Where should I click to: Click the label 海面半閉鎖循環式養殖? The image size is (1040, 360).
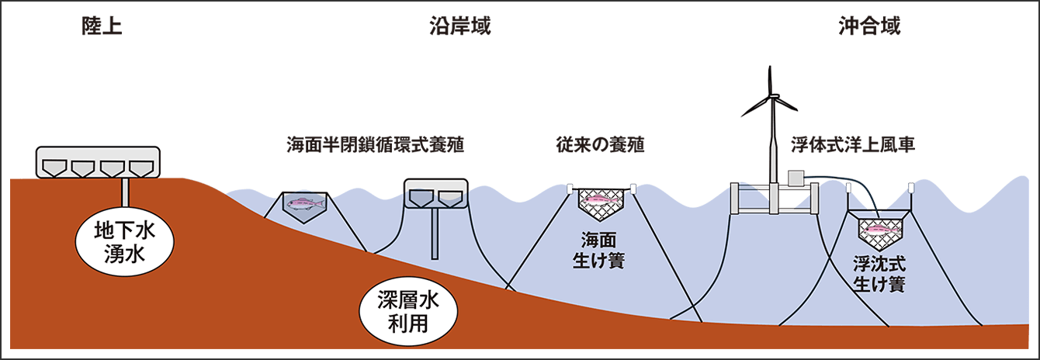[375, 145]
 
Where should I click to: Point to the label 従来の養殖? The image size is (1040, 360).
[600, 145]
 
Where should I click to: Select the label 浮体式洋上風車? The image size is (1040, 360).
[853, 145]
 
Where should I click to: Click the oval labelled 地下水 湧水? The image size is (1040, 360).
[124, 243]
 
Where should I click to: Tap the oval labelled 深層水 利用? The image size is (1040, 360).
[408, 312]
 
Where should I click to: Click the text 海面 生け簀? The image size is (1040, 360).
[598, 251]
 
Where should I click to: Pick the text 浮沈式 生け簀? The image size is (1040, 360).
[879, 274]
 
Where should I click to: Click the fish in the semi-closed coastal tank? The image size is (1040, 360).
[304, 202]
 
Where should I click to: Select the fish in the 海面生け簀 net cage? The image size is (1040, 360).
[601, 200]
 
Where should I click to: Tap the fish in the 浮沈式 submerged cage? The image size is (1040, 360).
[879, 229]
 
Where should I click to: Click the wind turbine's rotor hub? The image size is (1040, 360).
[774, 96]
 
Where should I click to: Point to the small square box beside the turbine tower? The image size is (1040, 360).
[796, 178]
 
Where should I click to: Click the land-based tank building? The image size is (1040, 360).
[98, 162]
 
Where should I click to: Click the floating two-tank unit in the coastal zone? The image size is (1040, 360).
[436, 194]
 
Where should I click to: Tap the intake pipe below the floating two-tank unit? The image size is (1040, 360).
[435, 234]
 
